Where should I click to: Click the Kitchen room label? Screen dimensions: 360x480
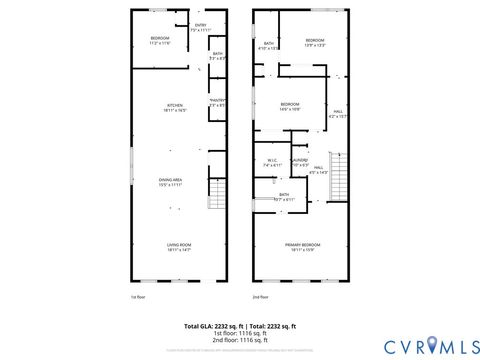[x=174, y=107]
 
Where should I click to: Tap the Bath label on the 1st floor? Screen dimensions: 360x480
[x=217, y=56]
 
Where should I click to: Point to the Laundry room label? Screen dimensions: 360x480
[x=300, y=161]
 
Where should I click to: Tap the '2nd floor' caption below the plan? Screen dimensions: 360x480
[x=260, y=297]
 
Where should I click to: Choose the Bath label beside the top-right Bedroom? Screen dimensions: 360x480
[x=269, y=45]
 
